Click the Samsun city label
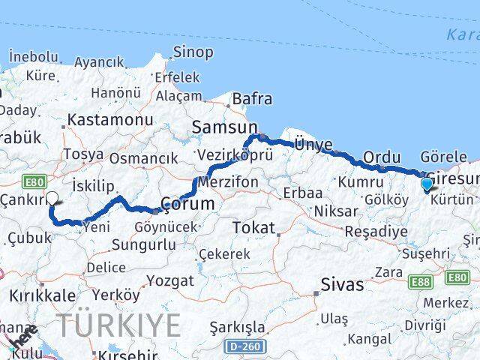(x=224, y=127)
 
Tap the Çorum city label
(x=189, y=204)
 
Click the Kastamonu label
(x=110, y=120)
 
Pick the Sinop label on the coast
(x=193, y=52)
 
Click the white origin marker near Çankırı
(x=52, y=199)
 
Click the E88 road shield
(x=421, y=280)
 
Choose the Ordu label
(x=382, y=157)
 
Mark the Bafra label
(x=252, y=99)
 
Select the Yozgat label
(x=169, y=281)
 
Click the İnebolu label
(x=34, y=56)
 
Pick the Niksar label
(x=335, y=211)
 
